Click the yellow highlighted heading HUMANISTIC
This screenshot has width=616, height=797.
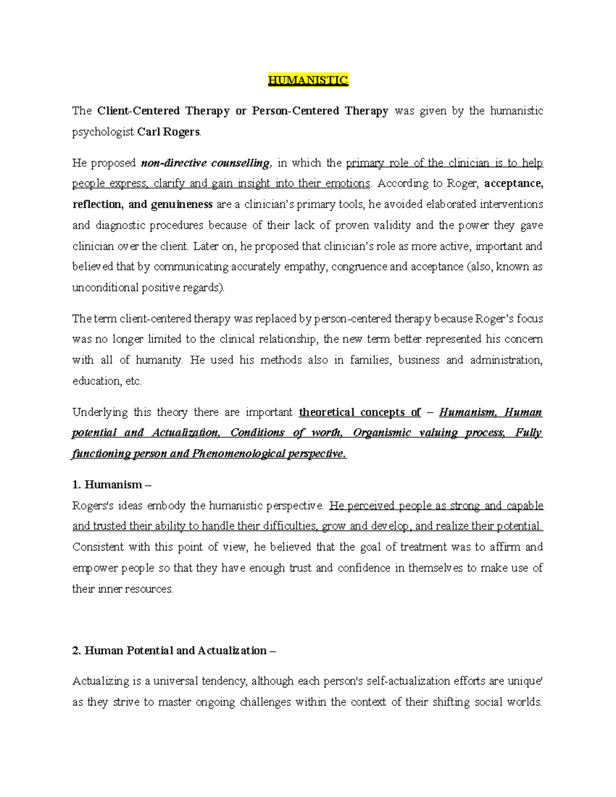click(308, 80)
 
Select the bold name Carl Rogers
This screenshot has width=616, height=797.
click(169, 132)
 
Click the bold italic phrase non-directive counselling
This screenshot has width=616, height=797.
click(205, 163)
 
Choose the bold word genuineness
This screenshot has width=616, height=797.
click(182, 204)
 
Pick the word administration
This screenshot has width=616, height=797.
click(506, 360)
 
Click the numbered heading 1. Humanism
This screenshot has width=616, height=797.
click(112, 485)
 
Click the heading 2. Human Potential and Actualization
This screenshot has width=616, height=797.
click(174, 651)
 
